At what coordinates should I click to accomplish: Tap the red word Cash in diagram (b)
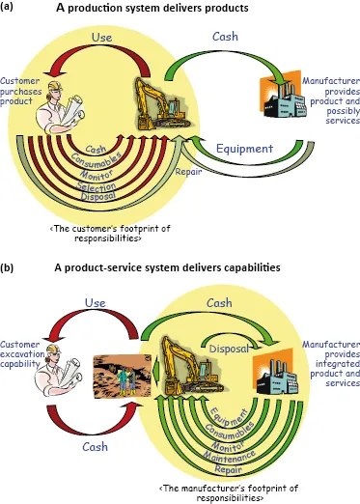(94, 447)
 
